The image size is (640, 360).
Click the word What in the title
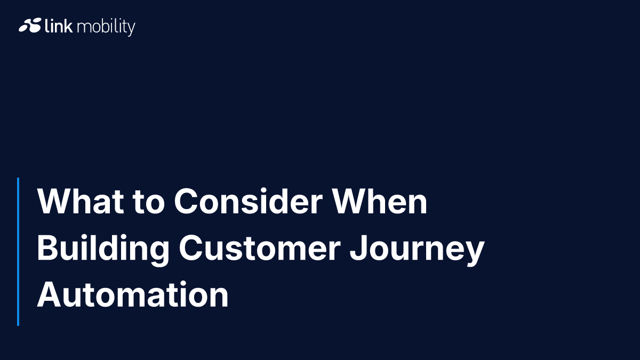[81, 201]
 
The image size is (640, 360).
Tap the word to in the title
[149, 203]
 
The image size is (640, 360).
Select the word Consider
[249, 201]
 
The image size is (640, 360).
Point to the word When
[380, 201]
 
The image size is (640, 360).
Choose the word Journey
[417, 250]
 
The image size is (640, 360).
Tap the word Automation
[133, 294]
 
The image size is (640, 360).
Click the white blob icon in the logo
[30, 25]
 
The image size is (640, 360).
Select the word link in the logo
[59, 26]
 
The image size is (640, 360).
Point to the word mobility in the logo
[106, 27]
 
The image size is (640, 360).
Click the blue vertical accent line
[18, 252]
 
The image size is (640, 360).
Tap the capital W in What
[54, 201]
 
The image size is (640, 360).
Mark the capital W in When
[350, 201]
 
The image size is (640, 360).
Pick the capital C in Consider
[185, 201]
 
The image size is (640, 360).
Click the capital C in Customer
[190, 247]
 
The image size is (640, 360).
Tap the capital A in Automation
[49, 294]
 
